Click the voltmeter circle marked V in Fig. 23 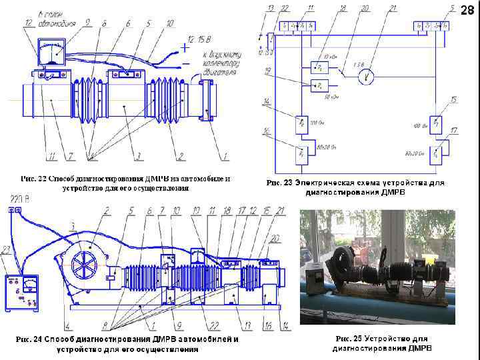tap(365, 77)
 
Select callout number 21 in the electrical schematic tap(393, 8)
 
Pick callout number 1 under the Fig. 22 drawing tap(225, 157)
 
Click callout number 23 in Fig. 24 tap(6, 250)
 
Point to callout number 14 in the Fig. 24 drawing tap(285, 326)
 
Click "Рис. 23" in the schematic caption tap(279, 183)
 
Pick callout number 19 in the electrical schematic tap(267, 71)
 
